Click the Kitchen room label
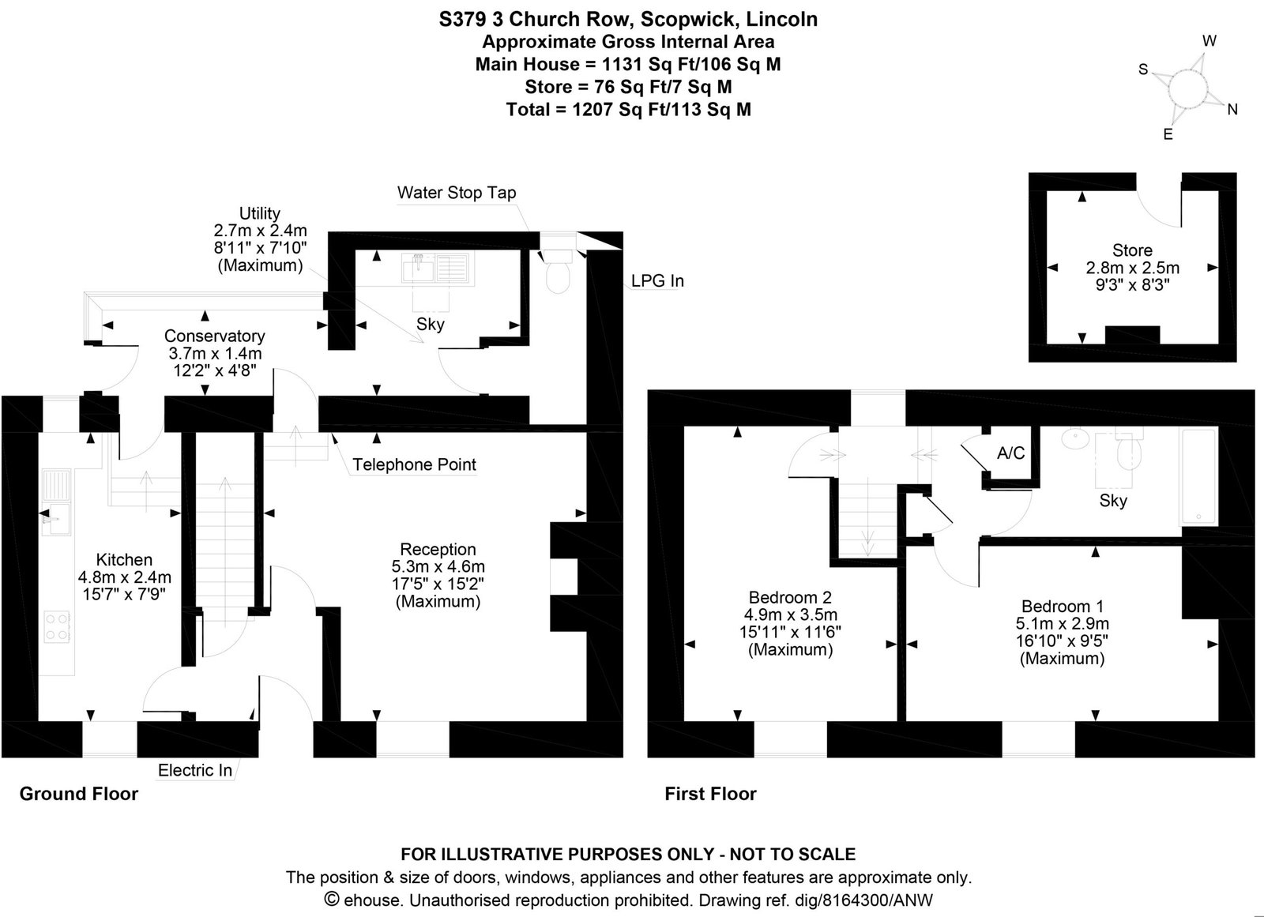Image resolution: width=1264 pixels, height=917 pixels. click(x=124, y=560)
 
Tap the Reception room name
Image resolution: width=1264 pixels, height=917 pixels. click(x=438, y=549)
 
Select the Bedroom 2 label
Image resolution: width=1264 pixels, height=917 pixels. click(x=790, y=597)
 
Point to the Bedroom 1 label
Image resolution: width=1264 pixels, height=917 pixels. click(x=1063, y=606)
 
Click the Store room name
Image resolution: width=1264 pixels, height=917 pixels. click(x=1132, y=250)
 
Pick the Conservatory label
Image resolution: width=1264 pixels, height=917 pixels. click(x=214, y=336)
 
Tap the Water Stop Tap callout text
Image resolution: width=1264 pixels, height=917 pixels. click(x=457, y=193)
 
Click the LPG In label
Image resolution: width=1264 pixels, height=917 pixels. click(x=657, y=280)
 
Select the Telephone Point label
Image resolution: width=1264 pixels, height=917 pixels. click(x=414, y=464)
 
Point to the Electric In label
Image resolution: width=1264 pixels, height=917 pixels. click(x=194, y=770)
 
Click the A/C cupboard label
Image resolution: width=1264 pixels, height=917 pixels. click(x=1010, y=453)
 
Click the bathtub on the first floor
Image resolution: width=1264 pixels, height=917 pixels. click(x=1198, y=477)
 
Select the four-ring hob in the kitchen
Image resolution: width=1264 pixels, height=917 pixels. click(x=57, y=626)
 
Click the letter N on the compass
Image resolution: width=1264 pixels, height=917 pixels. click(x=1232, y=110)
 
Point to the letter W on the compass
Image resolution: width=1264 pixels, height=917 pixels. click(x=1209, y=40)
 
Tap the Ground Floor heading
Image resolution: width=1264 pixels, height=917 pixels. click(x=79, y=794)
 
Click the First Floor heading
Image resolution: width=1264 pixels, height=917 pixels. click(x=710, y=794)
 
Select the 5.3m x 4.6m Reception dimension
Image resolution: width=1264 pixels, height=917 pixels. click(x=438, y=566)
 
